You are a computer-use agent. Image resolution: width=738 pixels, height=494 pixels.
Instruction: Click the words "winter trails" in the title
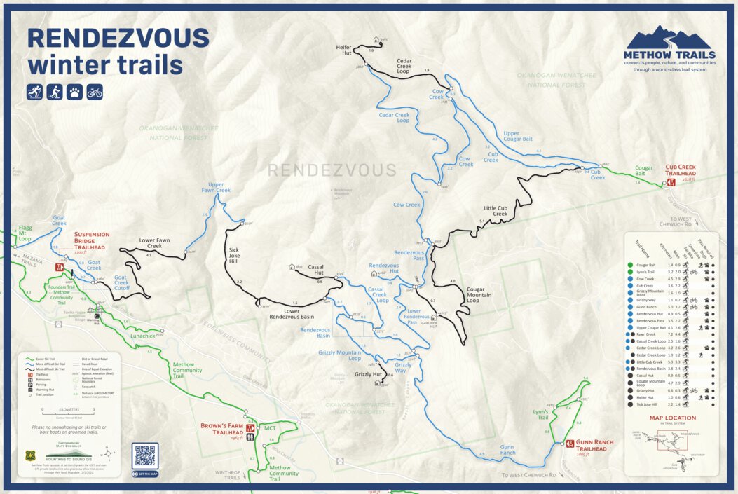[x=105, y=65]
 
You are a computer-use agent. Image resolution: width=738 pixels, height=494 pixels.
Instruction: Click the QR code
[x=145, y=455]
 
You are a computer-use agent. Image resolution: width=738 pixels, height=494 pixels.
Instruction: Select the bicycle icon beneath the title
[x=95, y=91]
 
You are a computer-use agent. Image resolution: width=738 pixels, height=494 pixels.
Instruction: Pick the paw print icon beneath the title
[x=74, y=91]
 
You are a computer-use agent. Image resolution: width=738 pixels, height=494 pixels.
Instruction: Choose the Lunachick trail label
[x=142, y=336]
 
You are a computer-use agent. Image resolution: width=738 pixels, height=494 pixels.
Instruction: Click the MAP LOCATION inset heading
[x=672, y=418]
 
